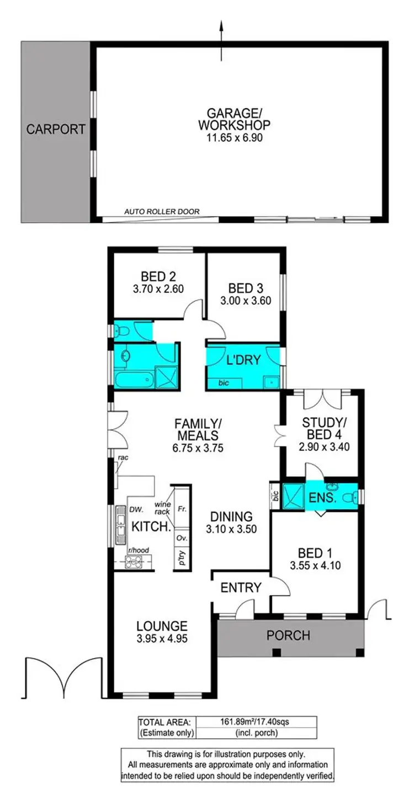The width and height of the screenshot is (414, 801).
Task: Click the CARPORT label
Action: (x=56, y=130)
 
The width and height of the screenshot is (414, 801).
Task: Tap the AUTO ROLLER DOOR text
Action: (x=162, y=211)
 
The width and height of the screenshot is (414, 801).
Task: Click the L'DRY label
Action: (x=243, y=360)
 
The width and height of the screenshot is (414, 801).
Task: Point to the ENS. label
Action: (x=323, y=498)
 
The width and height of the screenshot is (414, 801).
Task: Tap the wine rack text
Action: (x=162, y=508)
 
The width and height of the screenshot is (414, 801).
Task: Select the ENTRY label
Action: (x=240, y=588)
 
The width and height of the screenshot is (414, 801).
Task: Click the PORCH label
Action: (x=288, y=636)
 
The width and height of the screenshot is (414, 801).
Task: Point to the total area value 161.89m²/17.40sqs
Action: (x=256, y=721)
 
